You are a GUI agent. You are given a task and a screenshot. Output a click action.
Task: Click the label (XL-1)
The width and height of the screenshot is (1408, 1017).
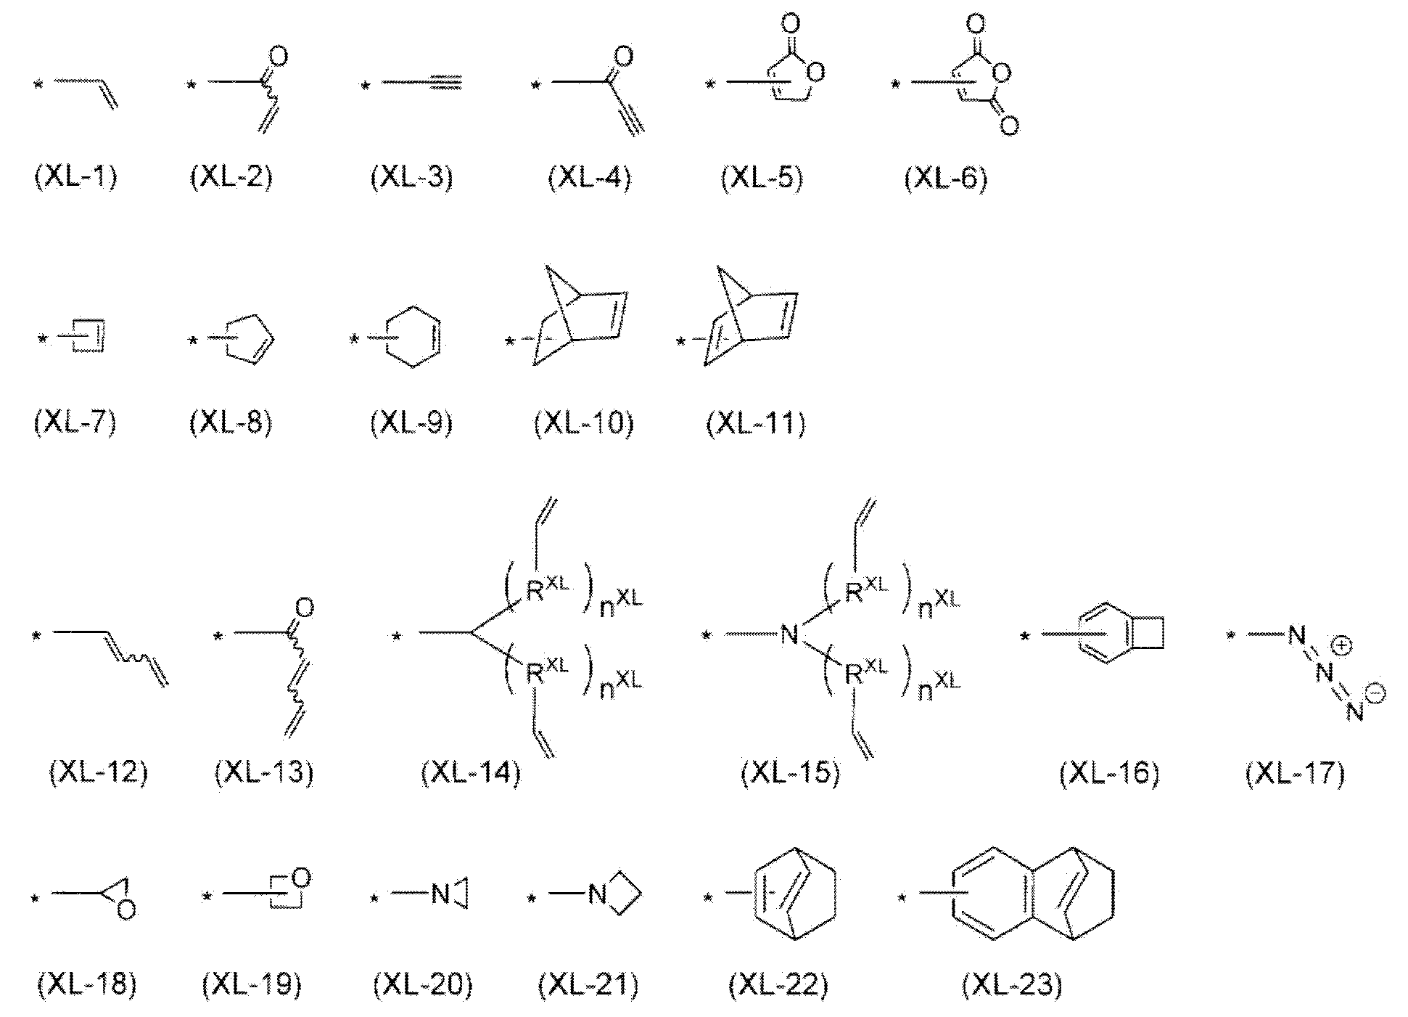[x=75, y=177]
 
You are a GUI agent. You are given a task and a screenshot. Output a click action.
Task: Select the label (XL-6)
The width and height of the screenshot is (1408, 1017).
[x=945, y=177]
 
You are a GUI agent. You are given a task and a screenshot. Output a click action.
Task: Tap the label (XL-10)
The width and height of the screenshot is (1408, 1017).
[x=583, y=423]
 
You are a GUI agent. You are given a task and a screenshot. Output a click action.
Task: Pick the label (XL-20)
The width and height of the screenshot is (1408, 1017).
[x=422, y=985]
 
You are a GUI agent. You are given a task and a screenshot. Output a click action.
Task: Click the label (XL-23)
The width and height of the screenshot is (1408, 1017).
[x=1011, y=985]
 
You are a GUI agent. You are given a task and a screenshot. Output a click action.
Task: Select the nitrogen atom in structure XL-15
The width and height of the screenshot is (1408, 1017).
[x=789, y=636]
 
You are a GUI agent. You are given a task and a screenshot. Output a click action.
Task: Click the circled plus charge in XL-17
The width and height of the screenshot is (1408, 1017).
[x=1341, y=645]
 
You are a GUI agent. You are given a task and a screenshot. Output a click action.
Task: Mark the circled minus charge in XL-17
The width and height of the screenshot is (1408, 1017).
[x=1375, y=695]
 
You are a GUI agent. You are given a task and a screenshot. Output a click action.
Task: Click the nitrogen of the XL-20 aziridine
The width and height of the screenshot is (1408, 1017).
[x=440, y=894]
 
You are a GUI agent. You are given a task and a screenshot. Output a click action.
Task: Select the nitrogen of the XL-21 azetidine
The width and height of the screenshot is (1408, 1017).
[x=597, y=894]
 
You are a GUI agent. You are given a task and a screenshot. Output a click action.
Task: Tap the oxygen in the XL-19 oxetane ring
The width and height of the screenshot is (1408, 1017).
[x=302, y=878]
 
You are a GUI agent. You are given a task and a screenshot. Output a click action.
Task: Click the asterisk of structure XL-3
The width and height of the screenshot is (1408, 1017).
[x=366, y=86]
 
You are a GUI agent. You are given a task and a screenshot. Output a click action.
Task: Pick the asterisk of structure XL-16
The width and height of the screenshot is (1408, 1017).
[x=1025, y=637]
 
